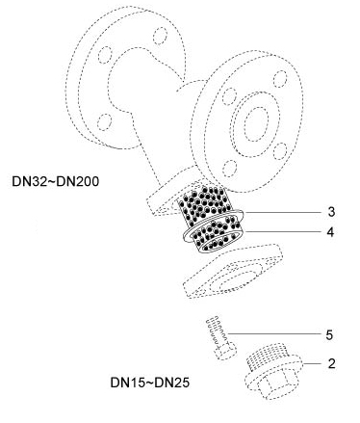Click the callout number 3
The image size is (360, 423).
pyautogui.click(x=331, y=212)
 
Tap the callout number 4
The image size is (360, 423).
pyautogui.click(x=330, y=232)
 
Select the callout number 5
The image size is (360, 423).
pyautogui.click(x=329, y=334)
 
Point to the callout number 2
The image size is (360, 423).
pyautogui.click(x=331, y=363)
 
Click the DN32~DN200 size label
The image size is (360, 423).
pyautogui.click(x=56, y=182)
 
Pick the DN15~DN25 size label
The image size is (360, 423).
pyautogui.click(x=150, y=383)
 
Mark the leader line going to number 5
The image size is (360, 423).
pyautogui.click(x=274, y=334)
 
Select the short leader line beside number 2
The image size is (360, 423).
pyautogui.click(x=312, y=363)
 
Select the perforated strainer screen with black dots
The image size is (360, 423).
pyautogui.click(x=211, y=219)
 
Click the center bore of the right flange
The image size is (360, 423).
pyautogui.click(x=256, y=124)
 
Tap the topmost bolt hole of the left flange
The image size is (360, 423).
pyautogui.click(x=160, y=36)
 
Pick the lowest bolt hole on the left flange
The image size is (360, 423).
pyautogui.click(x=104, y=122)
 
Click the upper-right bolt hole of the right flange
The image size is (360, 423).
pyautogui.click(x=280, y=79)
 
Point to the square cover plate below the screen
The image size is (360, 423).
pyautogui.click(x=233, y=272)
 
